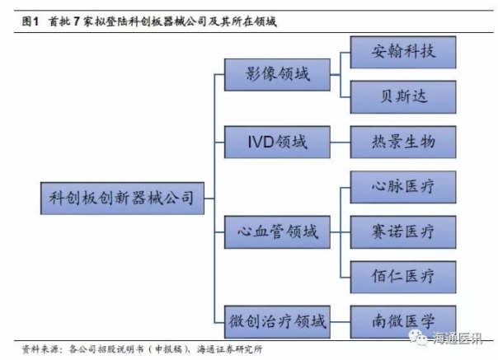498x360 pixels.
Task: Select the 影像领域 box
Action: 277,74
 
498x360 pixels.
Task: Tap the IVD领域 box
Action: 277,141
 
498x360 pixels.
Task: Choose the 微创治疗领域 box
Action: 277,318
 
